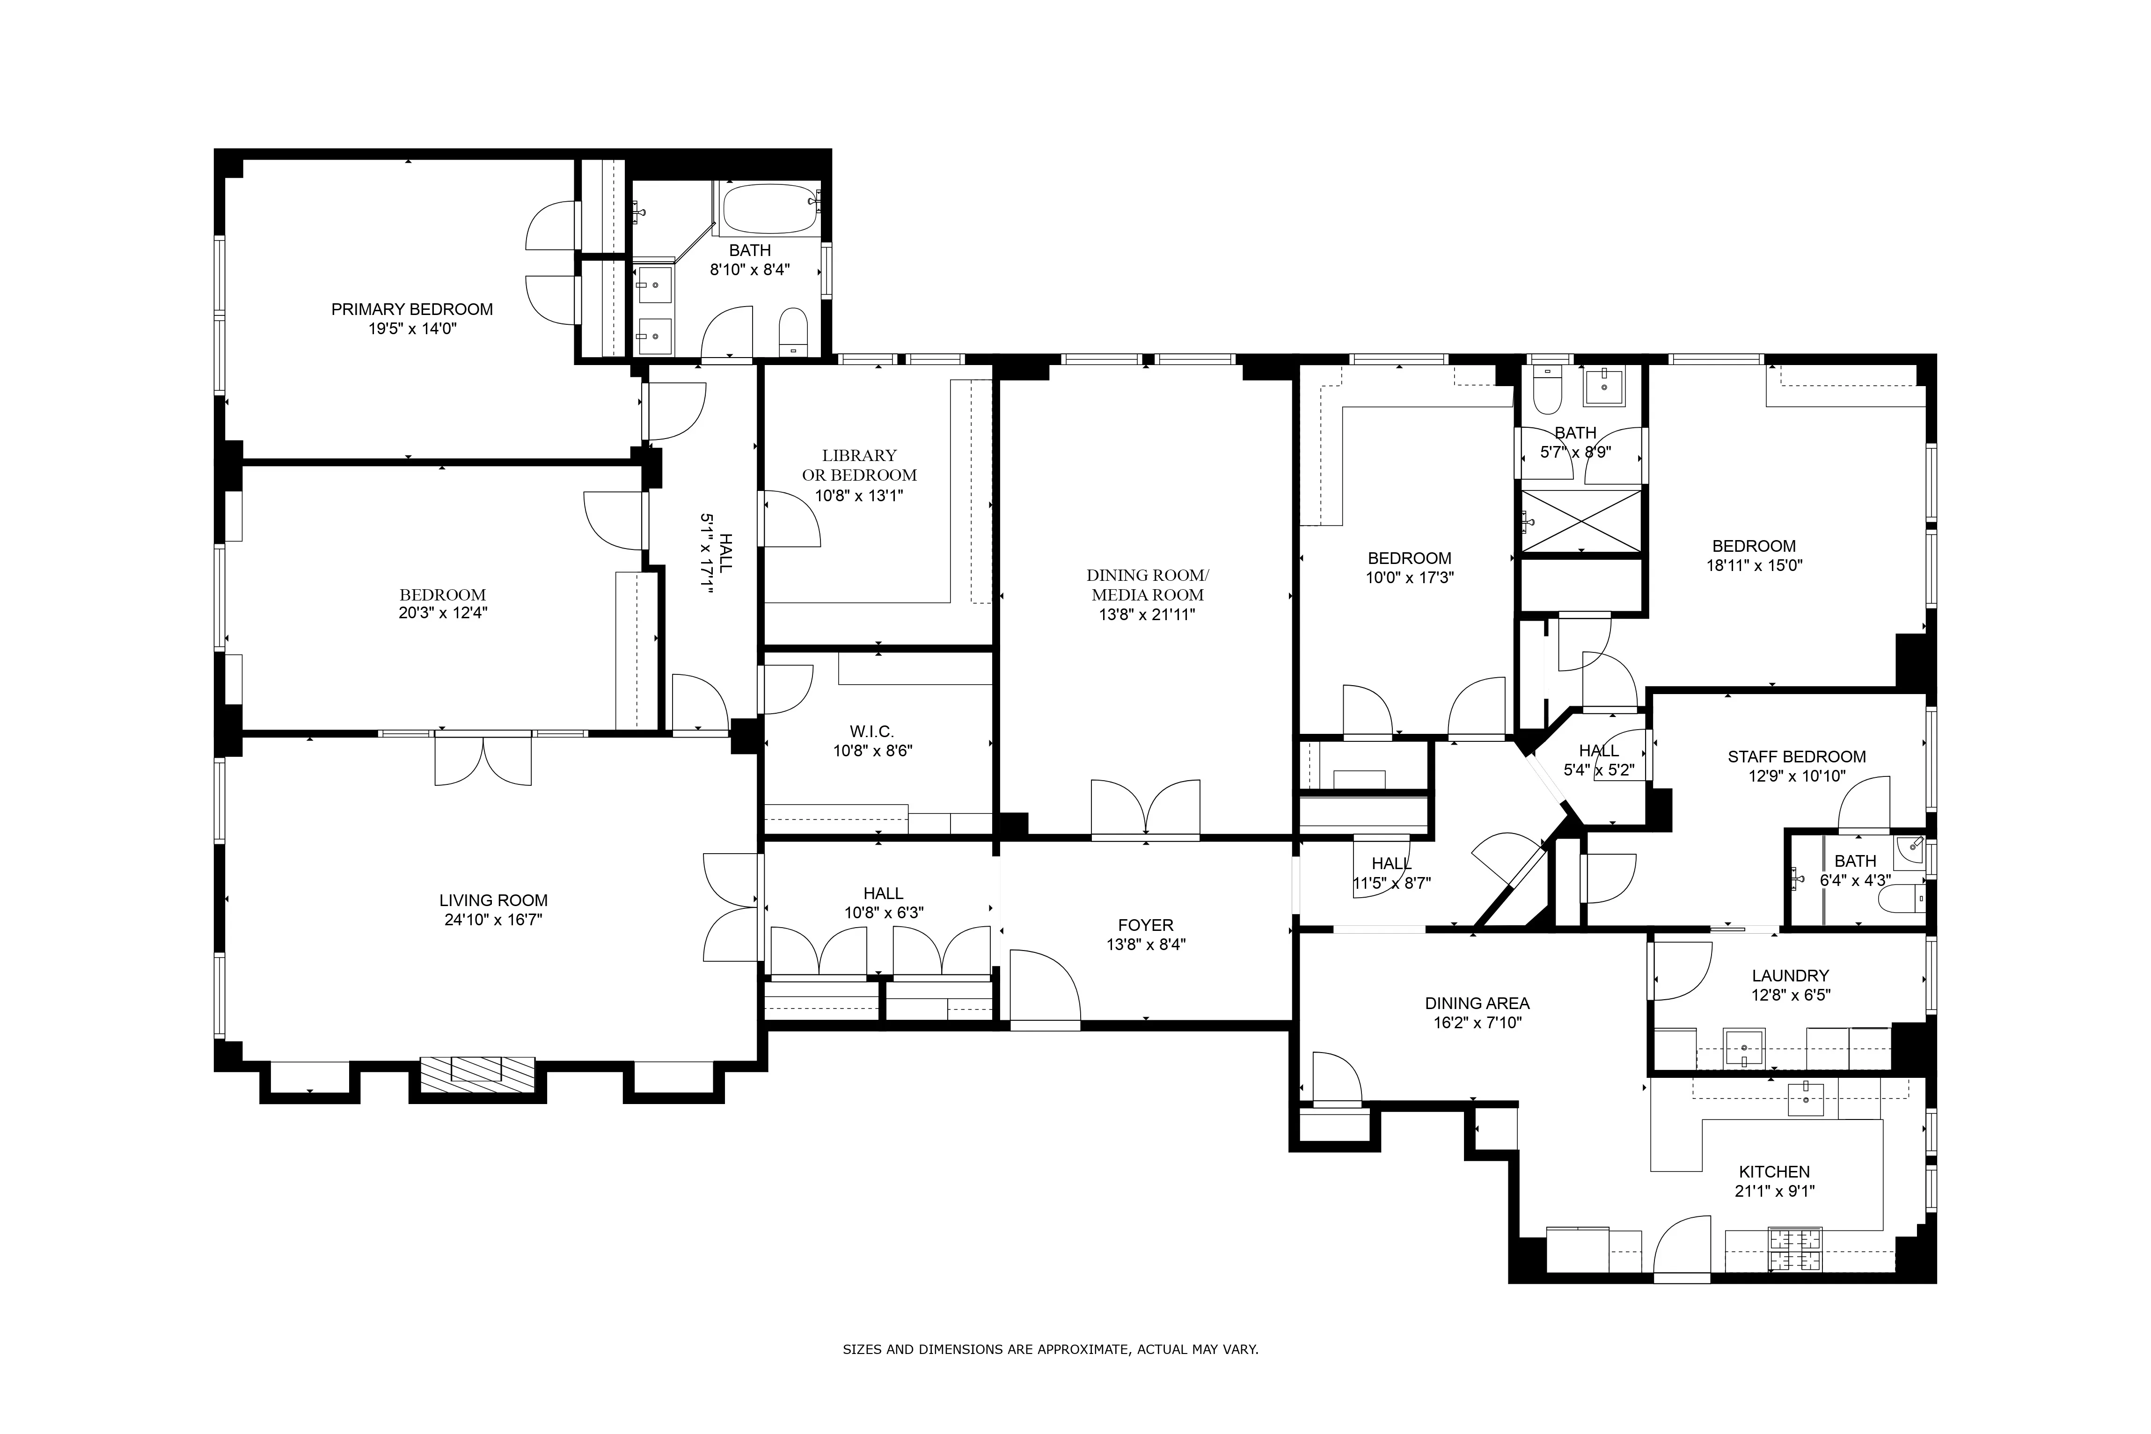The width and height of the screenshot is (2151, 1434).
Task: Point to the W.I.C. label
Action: [871, 732]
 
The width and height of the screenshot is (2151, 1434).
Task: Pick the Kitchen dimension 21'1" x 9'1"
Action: [1774, 1191]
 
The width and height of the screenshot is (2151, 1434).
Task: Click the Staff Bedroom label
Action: [1796, 756]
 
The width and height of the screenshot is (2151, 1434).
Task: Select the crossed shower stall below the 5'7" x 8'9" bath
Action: [1580, 520]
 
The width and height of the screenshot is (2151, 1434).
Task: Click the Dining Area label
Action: [1477, 1003]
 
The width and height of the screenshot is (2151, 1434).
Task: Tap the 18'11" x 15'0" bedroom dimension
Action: [1754, 565]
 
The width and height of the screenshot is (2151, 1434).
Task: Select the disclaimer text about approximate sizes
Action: [1050, 1349]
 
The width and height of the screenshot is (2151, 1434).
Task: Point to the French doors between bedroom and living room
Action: [483, 759]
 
